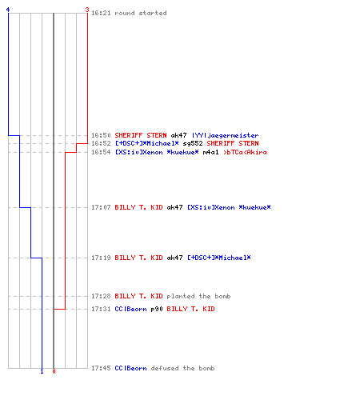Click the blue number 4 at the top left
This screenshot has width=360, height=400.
(8, 10)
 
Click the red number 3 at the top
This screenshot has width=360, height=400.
(87, 10)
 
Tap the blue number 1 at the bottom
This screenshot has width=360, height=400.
(42, 371)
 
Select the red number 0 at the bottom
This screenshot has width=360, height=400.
(54, 371)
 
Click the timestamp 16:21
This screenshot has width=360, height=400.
(101, 13)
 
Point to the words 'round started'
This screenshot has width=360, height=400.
(141, 13)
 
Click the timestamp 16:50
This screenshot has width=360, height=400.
(101, 135)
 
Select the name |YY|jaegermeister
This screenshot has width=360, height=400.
(225, 135)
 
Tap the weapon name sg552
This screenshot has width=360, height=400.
(193, 143)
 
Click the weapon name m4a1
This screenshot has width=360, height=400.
(210, 152)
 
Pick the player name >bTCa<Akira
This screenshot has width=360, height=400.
(245, 152)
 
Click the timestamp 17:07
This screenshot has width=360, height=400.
(101, 207)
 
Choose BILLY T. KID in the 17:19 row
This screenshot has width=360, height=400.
(138, 258)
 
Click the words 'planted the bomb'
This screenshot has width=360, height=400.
(198, 296)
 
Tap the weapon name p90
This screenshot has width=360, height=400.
(157, 310)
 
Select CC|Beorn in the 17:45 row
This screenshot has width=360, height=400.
(130, 368)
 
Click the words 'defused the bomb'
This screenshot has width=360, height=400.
(182, 368)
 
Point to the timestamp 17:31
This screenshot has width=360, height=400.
(101, 309)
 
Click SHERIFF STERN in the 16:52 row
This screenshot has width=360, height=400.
(233, 143)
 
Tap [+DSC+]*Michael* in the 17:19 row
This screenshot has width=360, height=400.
(219, 258)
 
